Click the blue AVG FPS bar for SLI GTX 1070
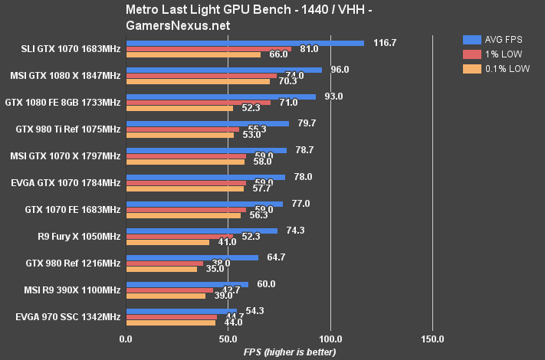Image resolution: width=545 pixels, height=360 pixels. (245, 43)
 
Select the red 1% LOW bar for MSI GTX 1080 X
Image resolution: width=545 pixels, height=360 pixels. (202, 75)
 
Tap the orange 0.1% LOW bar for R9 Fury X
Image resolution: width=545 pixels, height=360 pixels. (167, 242)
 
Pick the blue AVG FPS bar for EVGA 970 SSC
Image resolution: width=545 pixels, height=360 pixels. (181, 311)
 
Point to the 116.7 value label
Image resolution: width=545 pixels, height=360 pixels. (384, 43)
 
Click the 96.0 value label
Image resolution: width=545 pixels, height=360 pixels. (340, 70)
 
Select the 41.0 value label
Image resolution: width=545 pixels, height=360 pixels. (228, 242)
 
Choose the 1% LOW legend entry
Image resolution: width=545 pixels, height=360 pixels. (493, 54)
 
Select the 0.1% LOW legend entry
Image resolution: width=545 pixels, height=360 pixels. (496, 68)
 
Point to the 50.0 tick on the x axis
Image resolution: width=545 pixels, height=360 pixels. (228, 339)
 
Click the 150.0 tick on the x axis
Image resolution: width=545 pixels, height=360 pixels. (433, 339)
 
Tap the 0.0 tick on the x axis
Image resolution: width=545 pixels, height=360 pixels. (126, 339)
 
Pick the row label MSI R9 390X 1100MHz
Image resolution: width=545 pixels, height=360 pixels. (65, 290)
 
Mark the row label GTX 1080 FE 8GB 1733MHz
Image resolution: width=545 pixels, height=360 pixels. (63, 102)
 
